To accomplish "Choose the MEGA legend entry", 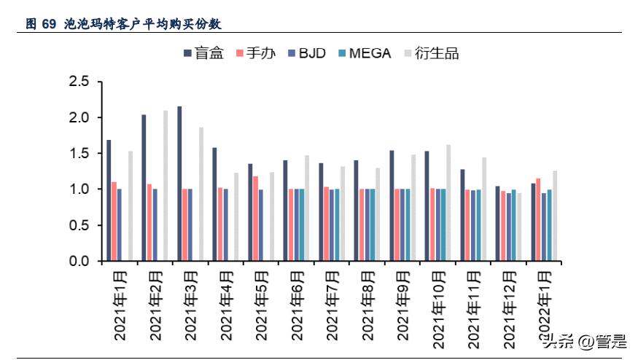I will click(x=365, y=53).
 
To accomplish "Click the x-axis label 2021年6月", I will click(x=297, y=307).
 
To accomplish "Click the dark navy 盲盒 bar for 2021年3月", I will click(x=179, y=184).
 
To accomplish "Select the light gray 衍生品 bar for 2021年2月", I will click(x=166, y=186).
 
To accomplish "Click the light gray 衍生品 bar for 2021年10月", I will click(x=448, y=203).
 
